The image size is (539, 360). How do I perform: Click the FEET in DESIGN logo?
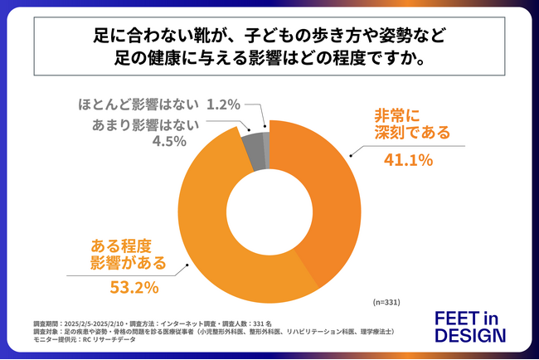[469, 327]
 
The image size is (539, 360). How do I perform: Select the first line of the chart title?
[269, 37]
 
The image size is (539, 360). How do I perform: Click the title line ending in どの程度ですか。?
[269, 61]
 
